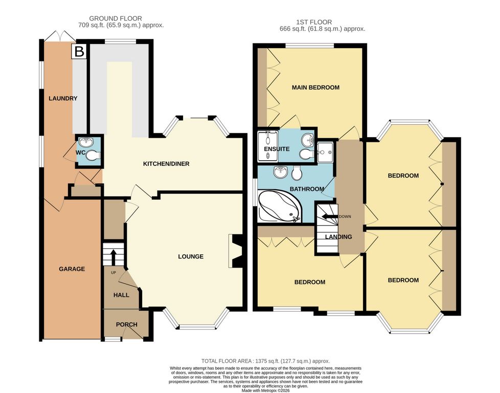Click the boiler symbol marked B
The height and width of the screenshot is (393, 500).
click(x=79, y=51)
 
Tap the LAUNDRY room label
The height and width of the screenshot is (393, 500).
click(x=63, y=98)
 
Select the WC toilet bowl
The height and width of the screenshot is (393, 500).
click(x=92, y=155)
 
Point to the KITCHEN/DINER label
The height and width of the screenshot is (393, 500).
click(x=166, y=164)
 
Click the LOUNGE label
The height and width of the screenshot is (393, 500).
click(x=191, y=256)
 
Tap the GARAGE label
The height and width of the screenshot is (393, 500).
click(x=72, y=269)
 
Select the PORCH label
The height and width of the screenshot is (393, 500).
click(x=127, y=324)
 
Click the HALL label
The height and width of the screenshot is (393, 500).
click(x=121, y=295)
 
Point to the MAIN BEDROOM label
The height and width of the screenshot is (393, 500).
click(x=315, y=88)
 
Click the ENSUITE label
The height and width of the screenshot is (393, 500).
click(x=277, y=149)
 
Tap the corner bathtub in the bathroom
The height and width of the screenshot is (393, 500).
click(x=279, y=206)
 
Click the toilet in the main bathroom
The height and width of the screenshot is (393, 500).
click(x=297, y=173)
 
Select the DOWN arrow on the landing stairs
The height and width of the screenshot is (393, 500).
click(x=330, y=216)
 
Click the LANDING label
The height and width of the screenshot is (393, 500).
click(x=338, y=237)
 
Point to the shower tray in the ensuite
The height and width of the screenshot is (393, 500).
click(x=268, y=145)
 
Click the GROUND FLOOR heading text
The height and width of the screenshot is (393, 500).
click(x=116, y=18)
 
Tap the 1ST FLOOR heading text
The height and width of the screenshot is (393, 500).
click(x=314, y=22)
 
